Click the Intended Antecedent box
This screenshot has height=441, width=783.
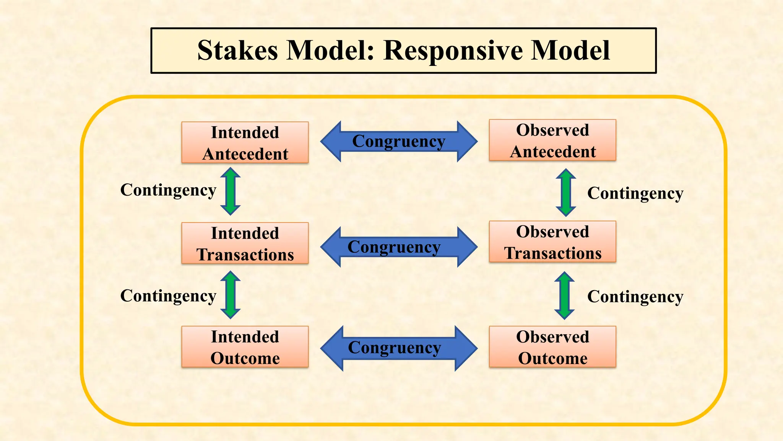pos(245,142)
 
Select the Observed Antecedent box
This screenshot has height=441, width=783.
pos(552,140)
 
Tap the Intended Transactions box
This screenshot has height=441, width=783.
pos(245,243)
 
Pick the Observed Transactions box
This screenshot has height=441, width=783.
pos(552,242)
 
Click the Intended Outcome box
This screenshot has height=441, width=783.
pos(245,347)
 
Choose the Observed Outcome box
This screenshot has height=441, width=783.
pos(552,347)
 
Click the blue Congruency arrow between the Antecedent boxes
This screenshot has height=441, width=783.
pos(399,142)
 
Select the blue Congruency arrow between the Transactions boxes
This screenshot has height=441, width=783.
pos(399,247)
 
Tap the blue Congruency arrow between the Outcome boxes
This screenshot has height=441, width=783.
pos(399,348)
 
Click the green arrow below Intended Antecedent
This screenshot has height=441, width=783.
pos(231,191)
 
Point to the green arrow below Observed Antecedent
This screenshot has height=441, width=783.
pos(566,193)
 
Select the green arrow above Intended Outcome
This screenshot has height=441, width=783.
pos(231,295)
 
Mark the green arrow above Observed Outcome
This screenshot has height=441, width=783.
pos(564,296)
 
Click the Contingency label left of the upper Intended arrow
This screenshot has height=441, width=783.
pos(168,190)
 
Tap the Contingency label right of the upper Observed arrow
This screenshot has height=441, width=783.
pos(635,193)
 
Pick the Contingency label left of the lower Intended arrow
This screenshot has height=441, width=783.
pos(168,296)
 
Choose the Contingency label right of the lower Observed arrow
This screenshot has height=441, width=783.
pos(635,297)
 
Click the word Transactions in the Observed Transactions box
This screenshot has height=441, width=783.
pos(552,253)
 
